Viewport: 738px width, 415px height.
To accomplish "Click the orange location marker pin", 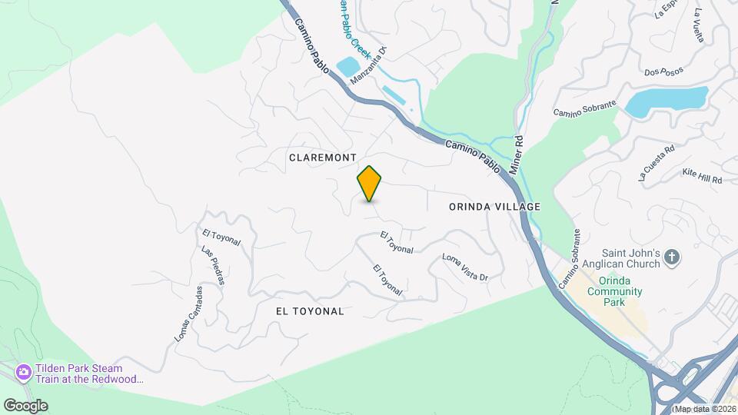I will tap(369, 183).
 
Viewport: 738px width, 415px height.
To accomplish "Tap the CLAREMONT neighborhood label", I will tap(323, 157).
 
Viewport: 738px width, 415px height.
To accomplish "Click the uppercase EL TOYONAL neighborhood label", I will tap(310, 311).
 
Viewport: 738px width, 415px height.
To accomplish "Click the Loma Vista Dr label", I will tap(465, 267).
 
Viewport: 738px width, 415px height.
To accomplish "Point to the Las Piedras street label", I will tap(212, 266).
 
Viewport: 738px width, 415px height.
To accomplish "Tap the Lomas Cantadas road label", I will tap(188, 314).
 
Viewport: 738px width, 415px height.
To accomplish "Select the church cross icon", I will tap(672, 257).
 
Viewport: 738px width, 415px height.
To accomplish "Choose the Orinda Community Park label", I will tap(614, 291).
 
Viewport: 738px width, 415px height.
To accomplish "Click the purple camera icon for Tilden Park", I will tap(24, 372).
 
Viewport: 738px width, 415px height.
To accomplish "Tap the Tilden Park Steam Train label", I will tap(88, 373).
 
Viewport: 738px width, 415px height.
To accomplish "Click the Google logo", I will tap(25, 405).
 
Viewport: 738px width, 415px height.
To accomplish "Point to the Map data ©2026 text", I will tap(703, 408).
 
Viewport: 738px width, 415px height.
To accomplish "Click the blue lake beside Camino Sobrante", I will tap(664, 101).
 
